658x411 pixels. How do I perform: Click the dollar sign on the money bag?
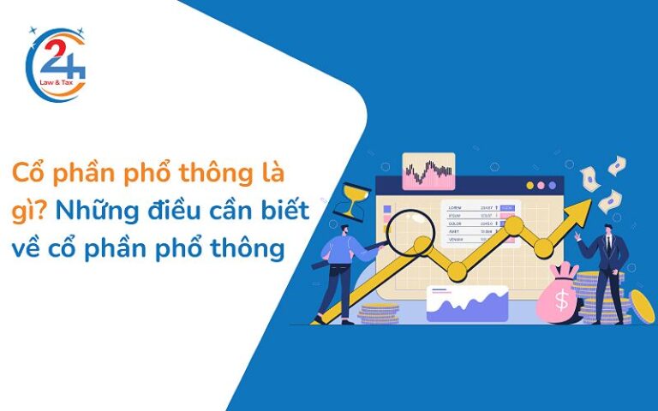click(563, 300)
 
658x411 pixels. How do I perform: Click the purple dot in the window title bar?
click(553, 184)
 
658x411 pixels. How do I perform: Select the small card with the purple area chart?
click(468, 303)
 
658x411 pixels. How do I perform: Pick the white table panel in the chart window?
click(480, 221)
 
